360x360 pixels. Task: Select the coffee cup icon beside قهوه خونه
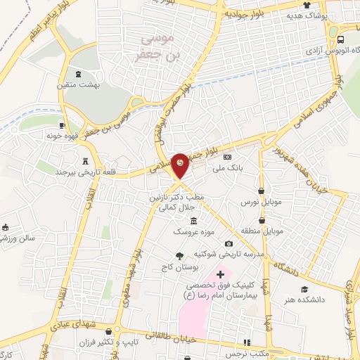click(x=63, y=125)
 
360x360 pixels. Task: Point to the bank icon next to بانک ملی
click(x=227, y=156)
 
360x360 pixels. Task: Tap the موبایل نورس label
click(x=265, y=201)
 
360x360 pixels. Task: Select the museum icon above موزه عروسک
click(x=184, y=221)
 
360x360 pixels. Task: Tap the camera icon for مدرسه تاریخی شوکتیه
click(x=229, y=243)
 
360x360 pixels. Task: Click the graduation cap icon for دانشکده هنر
click(x=304, y=289)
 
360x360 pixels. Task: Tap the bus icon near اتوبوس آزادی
click(x=340, y=39)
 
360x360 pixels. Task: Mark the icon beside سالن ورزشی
click(x=6, y=227)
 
